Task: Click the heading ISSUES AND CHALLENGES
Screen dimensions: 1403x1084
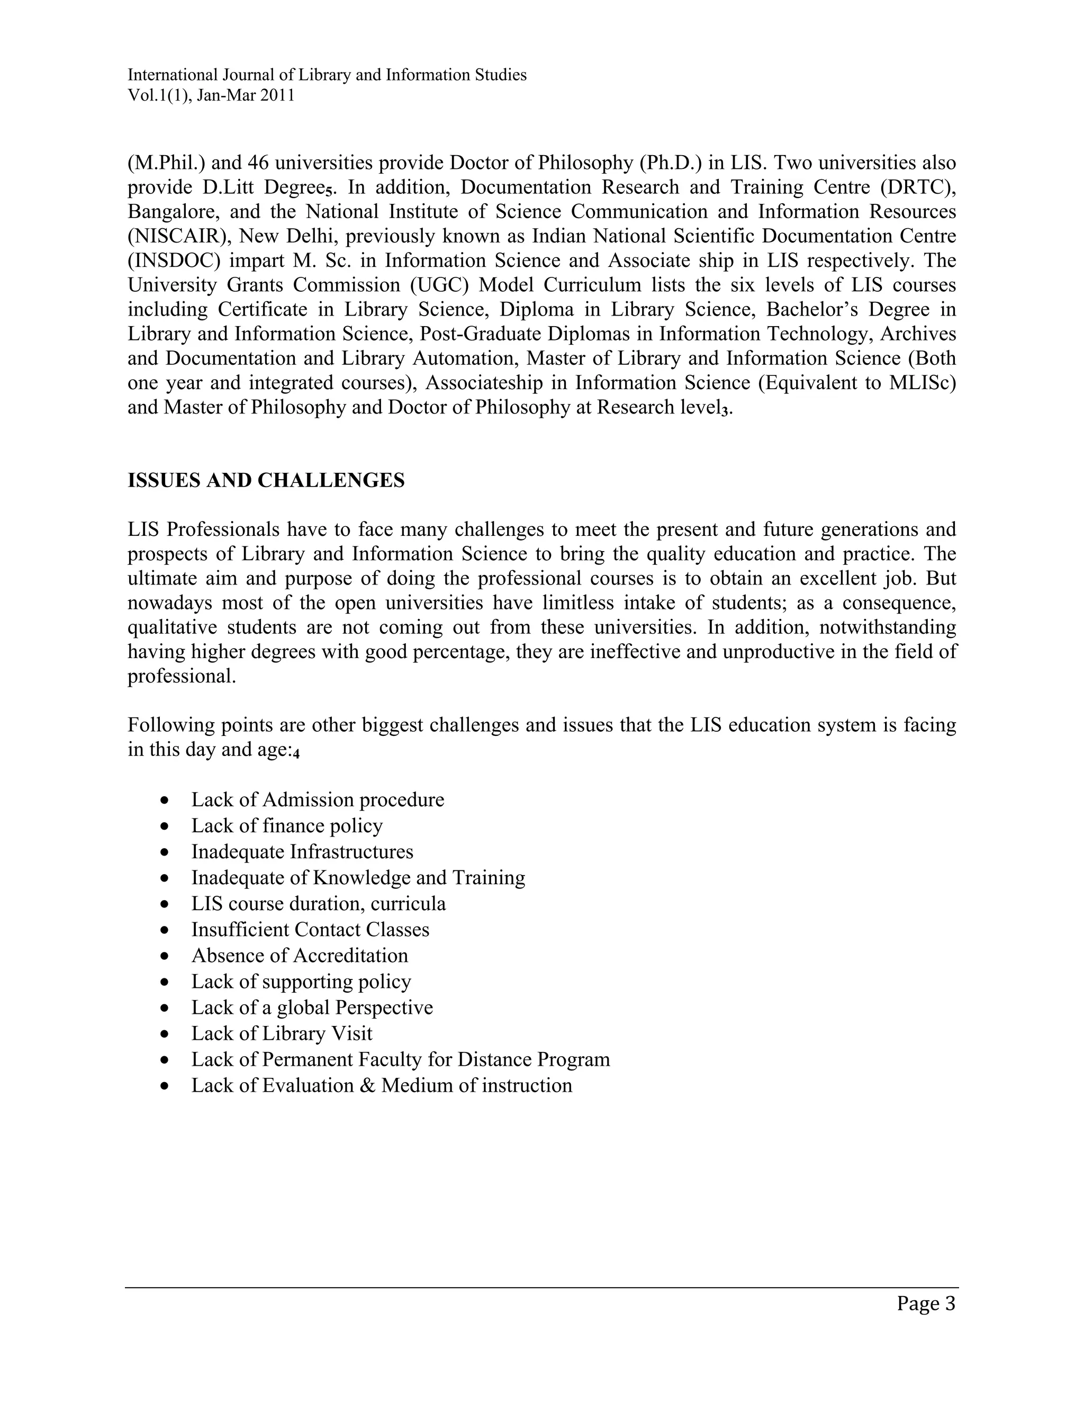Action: [266, 481]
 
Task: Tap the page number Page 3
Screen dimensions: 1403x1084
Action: [926, 1304]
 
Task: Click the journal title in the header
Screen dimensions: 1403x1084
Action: [327, 75]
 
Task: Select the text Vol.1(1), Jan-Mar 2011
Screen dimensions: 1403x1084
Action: [211, 96]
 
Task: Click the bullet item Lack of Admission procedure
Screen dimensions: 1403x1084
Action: [317, 800]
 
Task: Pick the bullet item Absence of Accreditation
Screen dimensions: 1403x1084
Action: [299, 955]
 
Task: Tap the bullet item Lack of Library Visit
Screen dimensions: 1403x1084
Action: [281, 1033]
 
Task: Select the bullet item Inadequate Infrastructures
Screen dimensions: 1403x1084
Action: [302, 852]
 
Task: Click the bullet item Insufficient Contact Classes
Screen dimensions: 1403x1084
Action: [310, 930]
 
